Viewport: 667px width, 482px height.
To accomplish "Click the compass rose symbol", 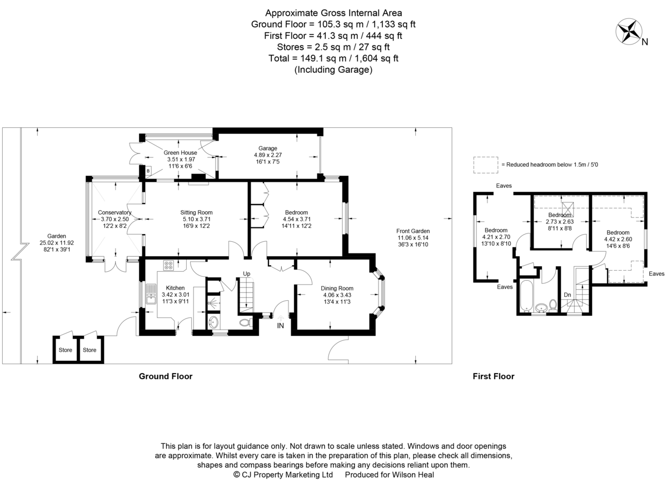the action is (629, 31).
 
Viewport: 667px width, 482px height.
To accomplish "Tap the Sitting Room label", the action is (196, 212).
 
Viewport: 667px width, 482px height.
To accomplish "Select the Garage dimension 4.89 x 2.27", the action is (268, 155).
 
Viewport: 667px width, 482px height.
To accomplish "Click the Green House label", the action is (180, 152).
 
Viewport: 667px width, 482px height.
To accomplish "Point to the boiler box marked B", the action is (148, 171).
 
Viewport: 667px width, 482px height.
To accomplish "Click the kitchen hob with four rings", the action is (168, 265).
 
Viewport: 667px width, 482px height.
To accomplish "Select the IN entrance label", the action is (280, 326).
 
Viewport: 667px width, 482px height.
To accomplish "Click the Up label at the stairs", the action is (247, 274).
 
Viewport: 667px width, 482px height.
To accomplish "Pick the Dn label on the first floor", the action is (568, 295).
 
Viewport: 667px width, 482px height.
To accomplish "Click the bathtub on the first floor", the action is (526, 296).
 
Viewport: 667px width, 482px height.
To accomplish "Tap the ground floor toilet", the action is (246, 322).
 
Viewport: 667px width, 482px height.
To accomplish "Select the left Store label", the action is (65, 350).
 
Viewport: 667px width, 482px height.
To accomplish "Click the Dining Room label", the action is (337, 288).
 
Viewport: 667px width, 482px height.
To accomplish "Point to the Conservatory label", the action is (115, 212).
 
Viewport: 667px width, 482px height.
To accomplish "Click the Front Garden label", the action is (413, 231).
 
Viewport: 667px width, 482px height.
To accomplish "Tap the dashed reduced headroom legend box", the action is (486, 165).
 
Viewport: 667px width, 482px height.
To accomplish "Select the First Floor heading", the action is (494, 376).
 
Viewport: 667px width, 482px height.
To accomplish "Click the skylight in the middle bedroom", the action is (568, 209).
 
